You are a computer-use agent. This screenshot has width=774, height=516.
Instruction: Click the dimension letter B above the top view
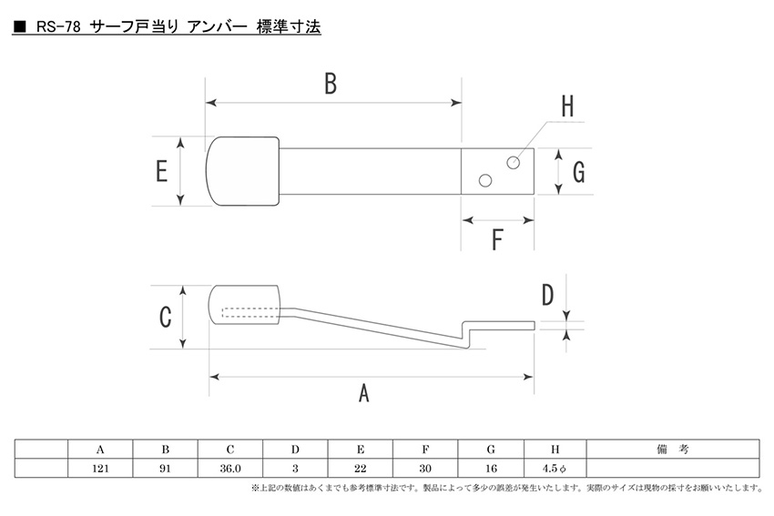click(331, 84)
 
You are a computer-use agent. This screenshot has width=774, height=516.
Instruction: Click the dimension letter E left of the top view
click(161, 171)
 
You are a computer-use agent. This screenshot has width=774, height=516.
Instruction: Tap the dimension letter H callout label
click(566, 107)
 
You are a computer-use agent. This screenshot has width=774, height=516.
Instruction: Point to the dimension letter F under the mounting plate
click(497, 240)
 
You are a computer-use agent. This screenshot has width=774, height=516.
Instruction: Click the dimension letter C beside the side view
click(166, 317)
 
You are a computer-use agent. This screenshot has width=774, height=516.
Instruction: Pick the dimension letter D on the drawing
click(547, 295)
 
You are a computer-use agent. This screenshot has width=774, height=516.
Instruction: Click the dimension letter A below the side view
click(364, 393)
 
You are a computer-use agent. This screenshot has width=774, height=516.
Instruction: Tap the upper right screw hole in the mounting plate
click(514, 162)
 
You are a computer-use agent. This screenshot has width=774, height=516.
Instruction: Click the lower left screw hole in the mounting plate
click(485, 181)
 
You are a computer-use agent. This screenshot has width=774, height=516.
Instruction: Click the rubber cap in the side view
click(245, 306)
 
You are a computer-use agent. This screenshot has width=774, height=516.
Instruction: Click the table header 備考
click(672, 450)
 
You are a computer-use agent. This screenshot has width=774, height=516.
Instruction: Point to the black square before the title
click(19, 27)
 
